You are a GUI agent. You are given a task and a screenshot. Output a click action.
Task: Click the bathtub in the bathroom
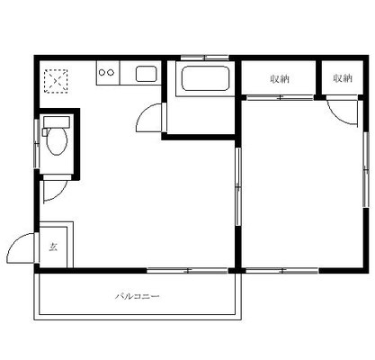[205, 78]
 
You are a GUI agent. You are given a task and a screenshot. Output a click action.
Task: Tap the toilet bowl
[57, 141]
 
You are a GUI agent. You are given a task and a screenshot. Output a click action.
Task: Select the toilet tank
[57, 122]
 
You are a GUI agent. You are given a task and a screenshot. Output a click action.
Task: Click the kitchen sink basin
[147, 74]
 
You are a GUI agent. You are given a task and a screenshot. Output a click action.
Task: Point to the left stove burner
[102, 72]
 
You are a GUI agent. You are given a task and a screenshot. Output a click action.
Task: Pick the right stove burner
[111, 72]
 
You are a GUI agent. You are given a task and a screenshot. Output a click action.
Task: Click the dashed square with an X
[56, 81]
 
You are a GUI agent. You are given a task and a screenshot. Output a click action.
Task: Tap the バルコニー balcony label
[138, 297]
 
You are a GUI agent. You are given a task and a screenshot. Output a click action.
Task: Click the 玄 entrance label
[53, 247]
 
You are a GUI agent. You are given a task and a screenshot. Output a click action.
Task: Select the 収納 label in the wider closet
[280, 79]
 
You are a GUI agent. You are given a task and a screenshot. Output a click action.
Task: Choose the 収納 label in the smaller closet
[343, 78]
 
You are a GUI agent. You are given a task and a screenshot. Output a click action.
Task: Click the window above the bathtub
[205, 58]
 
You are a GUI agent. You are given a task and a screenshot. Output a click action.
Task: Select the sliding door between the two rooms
[238, 186]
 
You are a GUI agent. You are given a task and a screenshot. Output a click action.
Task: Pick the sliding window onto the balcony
[188, 271]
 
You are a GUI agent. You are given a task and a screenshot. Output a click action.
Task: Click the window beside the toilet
[37, 144]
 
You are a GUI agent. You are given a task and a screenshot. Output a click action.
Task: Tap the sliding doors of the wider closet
[280, 97]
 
